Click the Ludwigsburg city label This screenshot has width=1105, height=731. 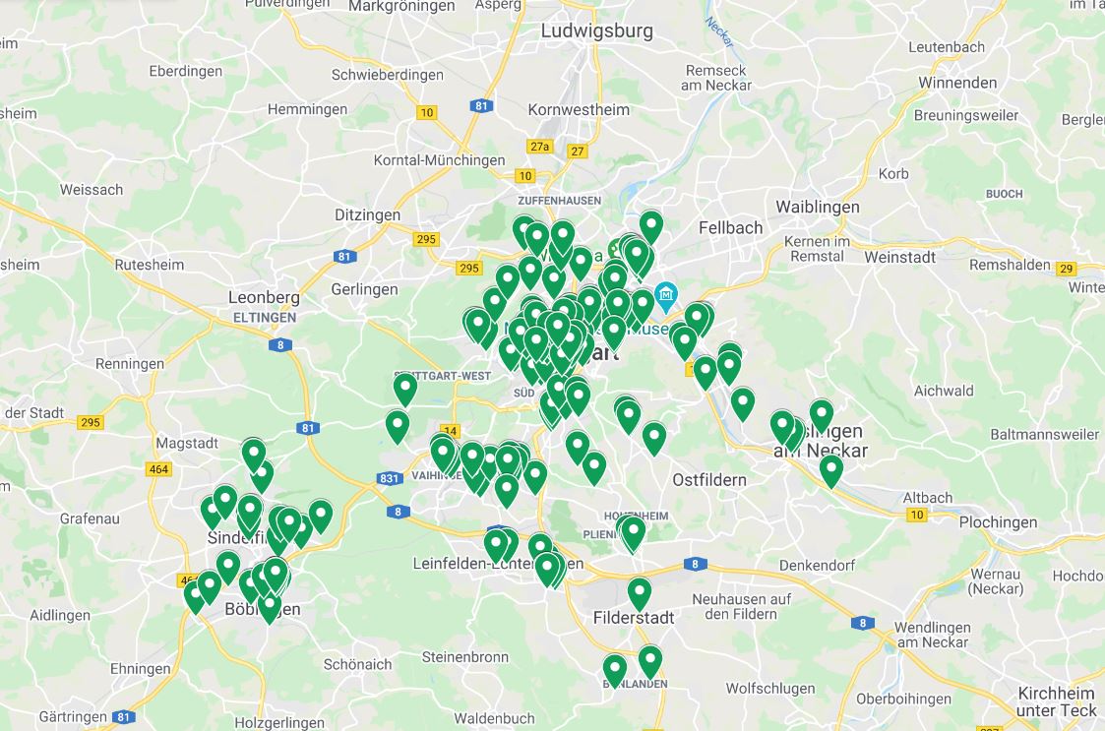click(x=596, y=30)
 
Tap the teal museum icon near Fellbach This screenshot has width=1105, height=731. click(x=667, y=293)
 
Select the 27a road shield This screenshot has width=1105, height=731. click(x=539, y=147)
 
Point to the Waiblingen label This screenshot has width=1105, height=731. click(x=817, y=207)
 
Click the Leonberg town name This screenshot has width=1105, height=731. click(x=263, y=297)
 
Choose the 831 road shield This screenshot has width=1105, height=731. click(x=389, y=479)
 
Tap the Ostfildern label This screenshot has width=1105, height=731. click(x=708, y=480)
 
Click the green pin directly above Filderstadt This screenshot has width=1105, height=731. click(x=640, y=592)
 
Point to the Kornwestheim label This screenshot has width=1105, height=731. click(x=579, y=109)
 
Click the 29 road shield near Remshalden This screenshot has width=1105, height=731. click(x=1066, y=269)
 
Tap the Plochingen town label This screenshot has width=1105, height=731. click(x=998, y=522)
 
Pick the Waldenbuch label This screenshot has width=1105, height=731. click(x=494, y=718)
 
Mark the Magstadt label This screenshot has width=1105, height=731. click(x=187, y=444)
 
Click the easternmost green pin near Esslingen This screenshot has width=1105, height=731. click(x=831, y=469)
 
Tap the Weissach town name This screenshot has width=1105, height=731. click(x=92, y=190)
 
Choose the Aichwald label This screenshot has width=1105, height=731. click(x=944, y=391)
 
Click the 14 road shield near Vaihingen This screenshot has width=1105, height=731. click(x=451, y=431)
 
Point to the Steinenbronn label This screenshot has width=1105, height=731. click(x=465, y=657)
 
